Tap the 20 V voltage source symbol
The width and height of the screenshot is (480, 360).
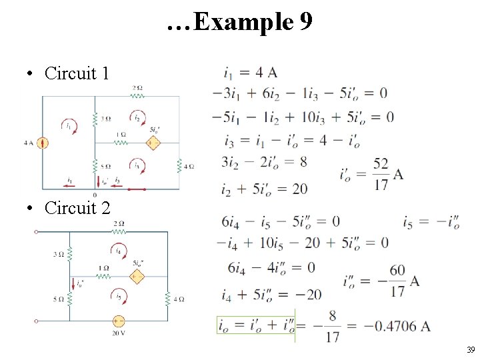pos(119,320)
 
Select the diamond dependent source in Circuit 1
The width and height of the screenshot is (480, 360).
pos(153,143)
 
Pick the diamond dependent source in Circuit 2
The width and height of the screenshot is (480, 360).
pos(137,276)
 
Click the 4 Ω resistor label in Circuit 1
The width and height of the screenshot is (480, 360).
pos(189,166)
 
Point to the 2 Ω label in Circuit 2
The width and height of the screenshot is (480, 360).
pos(118,223)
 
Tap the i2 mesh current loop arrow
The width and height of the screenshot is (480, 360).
pos(138,117)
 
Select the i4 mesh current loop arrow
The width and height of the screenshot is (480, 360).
pos(119,251)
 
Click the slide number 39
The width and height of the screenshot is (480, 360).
pos(470,350)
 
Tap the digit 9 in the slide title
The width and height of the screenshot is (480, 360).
pos(305,23)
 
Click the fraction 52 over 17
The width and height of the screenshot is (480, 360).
pos(381,175)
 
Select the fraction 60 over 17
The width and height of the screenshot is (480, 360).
pos(397,281)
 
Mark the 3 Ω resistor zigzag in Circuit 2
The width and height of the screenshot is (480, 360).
pos(69,254)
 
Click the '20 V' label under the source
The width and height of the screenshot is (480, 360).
pos(119,333)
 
